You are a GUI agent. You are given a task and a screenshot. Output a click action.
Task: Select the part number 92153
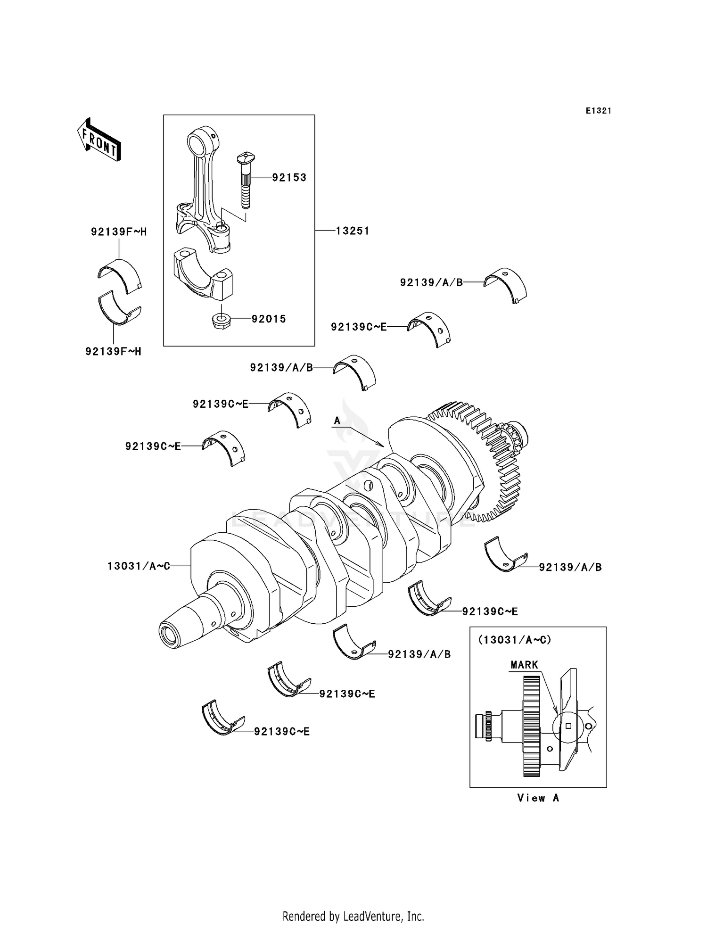click(289, 178)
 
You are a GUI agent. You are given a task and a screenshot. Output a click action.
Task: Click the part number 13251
click(353, 231)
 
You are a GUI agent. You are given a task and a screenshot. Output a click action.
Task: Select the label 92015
click(269, 319)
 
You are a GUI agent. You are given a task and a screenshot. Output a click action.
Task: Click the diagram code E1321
click(598, 111)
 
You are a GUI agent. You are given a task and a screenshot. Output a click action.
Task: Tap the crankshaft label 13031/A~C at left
click(139, 566)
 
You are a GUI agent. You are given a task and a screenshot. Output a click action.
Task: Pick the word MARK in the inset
click(524, 665)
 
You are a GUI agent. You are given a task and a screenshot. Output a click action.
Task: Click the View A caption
click(538, 798)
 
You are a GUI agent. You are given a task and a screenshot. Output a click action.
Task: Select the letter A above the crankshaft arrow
click(337, 421)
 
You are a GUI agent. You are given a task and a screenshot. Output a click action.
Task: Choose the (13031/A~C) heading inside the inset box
click(514, 640)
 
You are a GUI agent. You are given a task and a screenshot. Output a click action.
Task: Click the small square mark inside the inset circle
click(568, 726)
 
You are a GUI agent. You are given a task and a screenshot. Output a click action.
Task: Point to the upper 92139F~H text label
click(119, 232)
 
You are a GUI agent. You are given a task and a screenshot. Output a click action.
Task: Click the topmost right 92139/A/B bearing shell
click(506, 284)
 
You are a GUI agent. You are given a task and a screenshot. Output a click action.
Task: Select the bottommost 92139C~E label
click(282, 732)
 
